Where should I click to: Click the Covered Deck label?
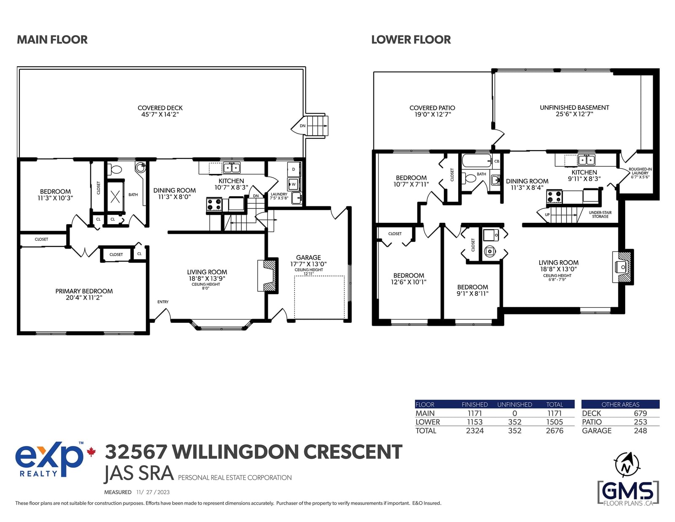pyautogui.click(x=160, y=111)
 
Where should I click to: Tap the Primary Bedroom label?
pyautogui.click(x=84, y=294)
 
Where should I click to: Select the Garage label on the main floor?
pyautogui.click(x=308, y=261)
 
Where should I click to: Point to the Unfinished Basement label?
pyautogui.click(x=574, y=111)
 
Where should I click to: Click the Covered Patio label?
pyautogui.click(x=432, y=111)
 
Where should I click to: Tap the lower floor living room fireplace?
pyautogui.click(x=623, y=267)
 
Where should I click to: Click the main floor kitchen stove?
pyautogui.click(x=214, y=205)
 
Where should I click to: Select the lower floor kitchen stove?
pyautogui.click(x=554, y=197)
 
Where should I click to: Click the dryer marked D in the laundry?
pyautogui.click(x=294, y=169)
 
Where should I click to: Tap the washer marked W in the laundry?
pyautogui.click(x=293, y=184)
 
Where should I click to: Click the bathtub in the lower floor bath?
pyautogui.click(x=476, y=161)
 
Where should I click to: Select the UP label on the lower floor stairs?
pyautogui.click(x=547, y=215)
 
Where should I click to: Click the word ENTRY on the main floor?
pyautogui.click(x=163, y=302)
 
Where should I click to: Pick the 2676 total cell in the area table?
pyautogui.click(x=554, y=431)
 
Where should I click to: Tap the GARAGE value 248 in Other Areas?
pyautogui.click(x=640, y=431)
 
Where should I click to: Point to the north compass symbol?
pyautogui.click(x=627, y=465)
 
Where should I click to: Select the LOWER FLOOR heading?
pyautogui.click(x=410, y=40)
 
